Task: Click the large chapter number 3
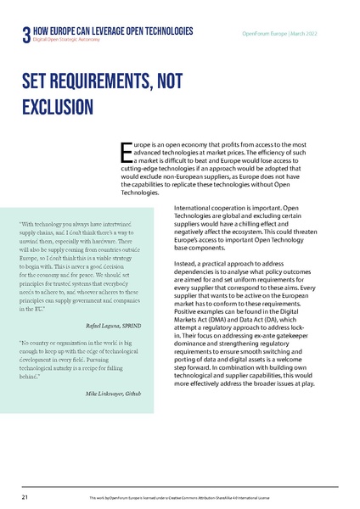(26, 35)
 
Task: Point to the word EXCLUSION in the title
(60, 109)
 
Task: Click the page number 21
(25, 495)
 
